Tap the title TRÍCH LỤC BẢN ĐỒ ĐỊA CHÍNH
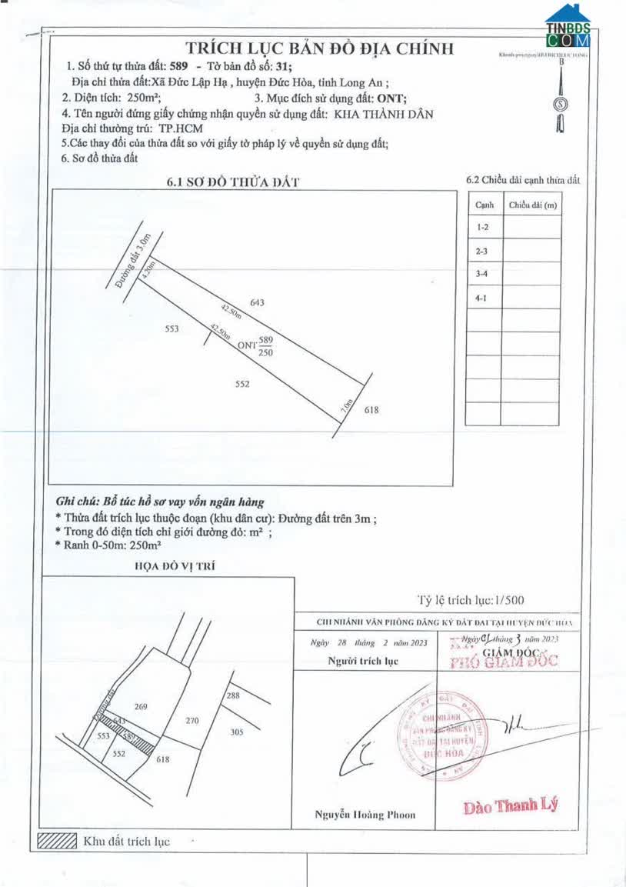tap(315, 48)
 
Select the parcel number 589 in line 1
tap(178, 67)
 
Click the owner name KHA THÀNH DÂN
tap(385, 114)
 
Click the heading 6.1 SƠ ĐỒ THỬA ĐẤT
tap(233, 182)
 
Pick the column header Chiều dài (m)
tap(531, 205)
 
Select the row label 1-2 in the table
tap(482, 228)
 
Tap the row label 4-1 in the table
tap(482, 297)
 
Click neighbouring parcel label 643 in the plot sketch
tap(258, 303)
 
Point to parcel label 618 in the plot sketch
tap(372, 410)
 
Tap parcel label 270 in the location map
tap(193, 721)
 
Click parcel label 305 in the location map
tap(237, 732)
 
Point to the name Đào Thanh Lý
tap(510, 806)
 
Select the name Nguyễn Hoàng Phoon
tap(365, 815)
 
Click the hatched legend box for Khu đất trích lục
tap(58, 840)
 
